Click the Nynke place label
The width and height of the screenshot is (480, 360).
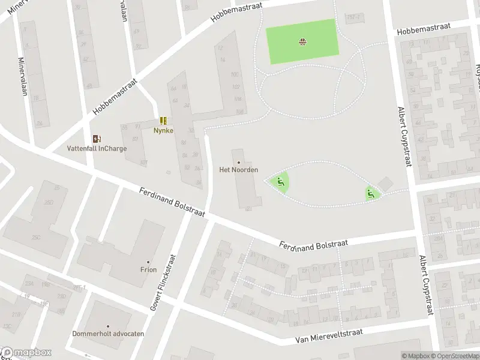click(x=163, y=130)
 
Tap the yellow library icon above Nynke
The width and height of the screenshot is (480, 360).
click(x=163, y=121)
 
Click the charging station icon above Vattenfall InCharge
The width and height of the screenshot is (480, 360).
click(x=95, y=139)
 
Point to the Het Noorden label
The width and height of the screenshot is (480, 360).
click(x=239, y=170)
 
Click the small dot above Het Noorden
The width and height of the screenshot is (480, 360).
click(x=239, y=162)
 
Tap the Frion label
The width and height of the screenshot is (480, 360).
click(x=149, y=269)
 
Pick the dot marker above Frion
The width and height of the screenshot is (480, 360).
click(x=149, y=262)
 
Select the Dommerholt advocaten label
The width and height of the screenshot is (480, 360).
click(x=108, y=334)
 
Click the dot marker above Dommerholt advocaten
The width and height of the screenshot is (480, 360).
click(x=109, y=326)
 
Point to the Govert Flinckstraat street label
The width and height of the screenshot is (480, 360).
click(x=163, y=280)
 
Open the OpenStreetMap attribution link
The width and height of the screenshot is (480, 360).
click(x=455, y=356)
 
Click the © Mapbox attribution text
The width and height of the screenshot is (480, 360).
click(x=416, y=356)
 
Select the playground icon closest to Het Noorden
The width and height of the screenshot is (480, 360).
click(x=280, y=182)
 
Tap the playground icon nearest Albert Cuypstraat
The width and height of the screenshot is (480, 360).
click(x=371, y=193)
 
